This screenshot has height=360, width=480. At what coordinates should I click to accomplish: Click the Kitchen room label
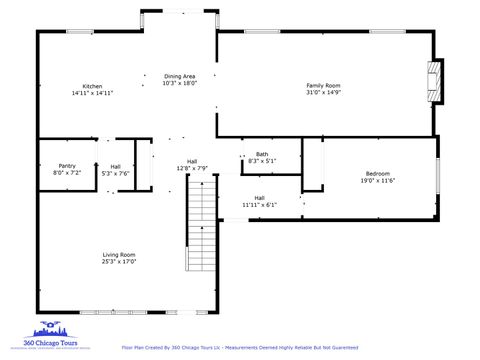pyautogui.click(x=92, y=86)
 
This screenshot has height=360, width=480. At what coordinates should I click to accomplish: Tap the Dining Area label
pyautogui.click(x=180, y=76)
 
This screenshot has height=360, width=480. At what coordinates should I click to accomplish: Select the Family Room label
pyautogui.click(x=323, y=86)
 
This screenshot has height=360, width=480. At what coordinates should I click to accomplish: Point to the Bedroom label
pyautogui.click(x=378, y=174)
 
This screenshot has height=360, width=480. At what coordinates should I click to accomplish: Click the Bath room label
pyautogui.click(x=262, y=153)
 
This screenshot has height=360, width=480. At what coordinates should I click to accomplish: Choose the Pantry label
pyautogui.click(x=67, y=166)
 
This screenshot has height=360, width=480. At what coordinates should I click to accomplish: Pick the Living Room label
pyautogui.click(x=119, y=255)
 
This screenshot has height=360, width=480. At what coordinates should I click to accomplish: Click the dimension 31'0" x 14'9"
pyautogui.click(x=323, y=93)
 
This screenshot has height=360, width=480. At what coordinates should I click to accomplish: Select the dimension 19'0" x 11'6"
pyautogui.click(x=378, y=181)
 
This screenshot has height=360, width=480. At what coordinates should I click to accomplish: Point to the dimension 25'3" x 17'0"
pyautogui.click(x=119, y=262)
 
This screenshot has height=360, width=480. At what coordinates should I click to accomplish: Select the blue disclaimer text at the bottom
pyautogui.click(x=239, y=347)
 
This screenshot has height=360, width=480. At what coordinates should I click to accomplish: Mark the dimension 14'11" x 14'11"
pyautogui.click(x=92, y=93)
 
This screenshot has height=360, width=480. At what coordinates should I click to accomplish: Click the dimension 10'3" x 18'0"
pyautogui.click(x=180, y=83)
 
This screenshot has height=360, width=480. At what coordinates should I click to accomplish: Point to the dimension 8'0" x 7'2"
pyautogui.click(x=67, y=173)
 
